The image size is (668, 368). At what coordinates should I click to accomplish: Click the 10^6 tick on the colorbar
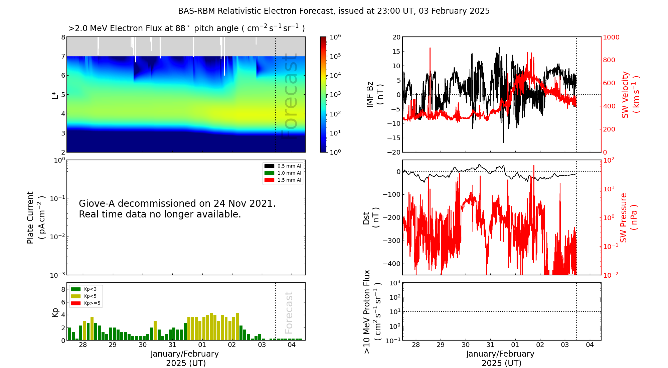pos(335,37)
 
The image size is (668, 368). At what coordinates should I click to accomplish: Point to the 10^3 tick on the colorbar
pos(335,94)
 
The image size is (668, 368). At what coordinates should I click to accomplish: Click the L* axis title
pos(55,95)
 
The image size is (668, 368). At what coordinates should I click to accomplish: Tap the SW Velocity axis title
pos(630,95)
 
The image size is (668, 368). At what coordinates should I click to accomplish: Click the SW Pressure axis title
pos(628,217)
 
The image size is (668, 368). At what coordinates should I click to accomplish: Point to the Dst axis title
pos(370,217)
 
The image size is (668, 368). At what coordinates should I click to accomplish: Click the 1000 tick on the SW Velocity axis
pos(611,37)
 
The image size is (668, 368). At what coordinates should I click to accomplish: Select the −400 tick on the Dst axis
pos(391,264)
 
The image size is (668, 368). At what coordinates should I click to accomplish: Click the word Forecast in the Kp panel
pos(289,312)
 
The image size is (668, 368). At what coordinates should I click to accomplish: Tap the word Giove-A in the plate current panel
pos(97,203)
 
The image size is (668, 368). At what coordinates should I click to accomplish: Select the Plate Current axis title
pos(35,217)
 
